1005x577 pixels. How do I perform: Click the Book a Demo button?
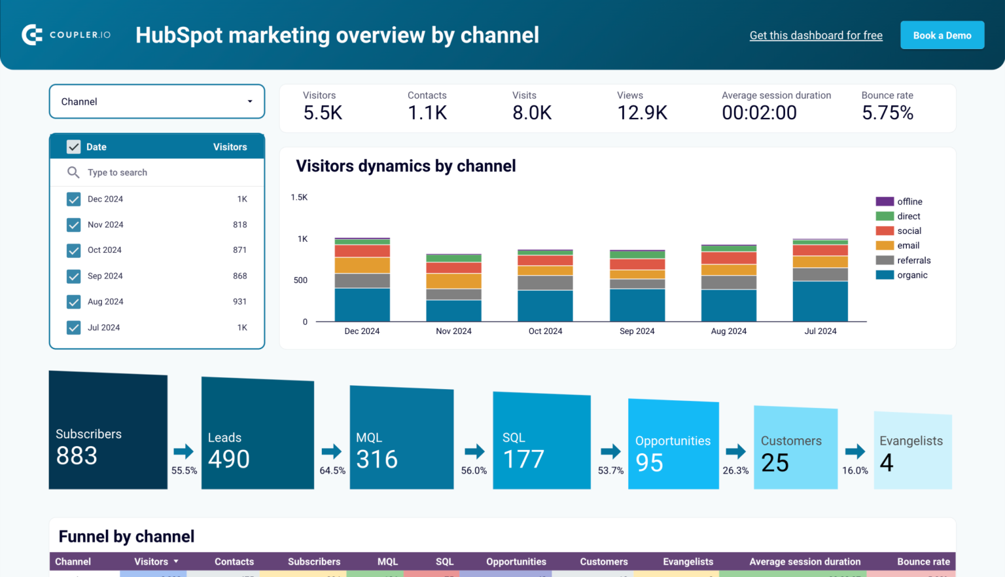tap(942, 35)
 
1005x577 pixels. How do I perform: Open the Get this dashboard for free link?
tap(816, 35)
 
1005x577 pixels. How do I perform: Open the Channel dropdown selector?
tap(157, 102)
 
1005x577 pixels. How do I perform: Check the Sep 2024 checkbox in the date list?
tap(74, 276)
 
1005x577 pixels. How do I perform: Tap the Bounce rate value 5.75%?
tap(887, 113)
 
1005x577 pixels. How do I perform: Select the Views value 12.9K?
tap(642, 113)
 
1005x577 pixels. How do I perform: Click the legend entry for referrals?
tap(913, 260)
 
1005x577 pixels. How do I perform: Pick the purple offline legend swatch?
tap(885, 202)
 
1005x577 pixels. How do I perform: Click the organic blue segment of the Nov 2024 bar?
tap(453, 310)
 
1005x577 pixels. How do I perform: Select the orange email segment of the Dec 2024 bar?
tap(362, 265)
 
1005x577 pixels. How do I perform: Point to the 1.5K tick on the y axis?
tap(299, 197)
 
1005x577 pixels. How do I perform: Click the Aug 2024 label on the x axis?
tap(728, 331)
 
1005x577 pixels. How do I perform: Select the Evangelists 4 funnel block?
tap(912, 452)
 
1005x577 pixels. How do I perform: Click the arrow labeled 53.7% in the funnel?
tap(610, 451)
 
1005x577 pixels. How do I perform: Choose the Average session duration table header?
tap(805, 561)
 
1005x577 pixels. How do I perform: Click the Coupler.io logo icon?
tap(32, 35)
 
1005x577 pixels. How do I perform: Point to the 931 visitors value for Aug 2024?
tap(239, 302)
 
